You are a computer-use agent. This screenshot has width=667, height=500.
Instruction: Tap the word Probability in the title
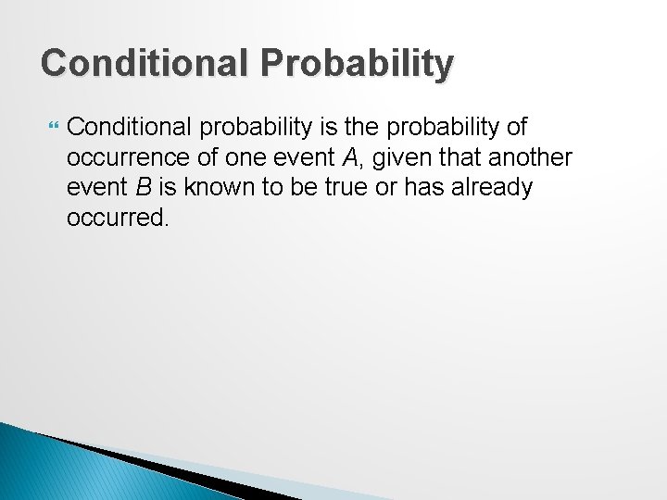point(357,64)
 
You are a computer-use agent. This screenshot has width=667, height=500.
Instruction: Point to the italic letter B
point(144,187)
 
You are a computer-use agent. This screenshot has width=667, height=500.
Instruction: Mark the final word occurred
point(118,219)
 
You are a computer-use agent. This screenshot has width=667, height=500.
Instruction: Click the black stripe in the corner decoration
point(167,468)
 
